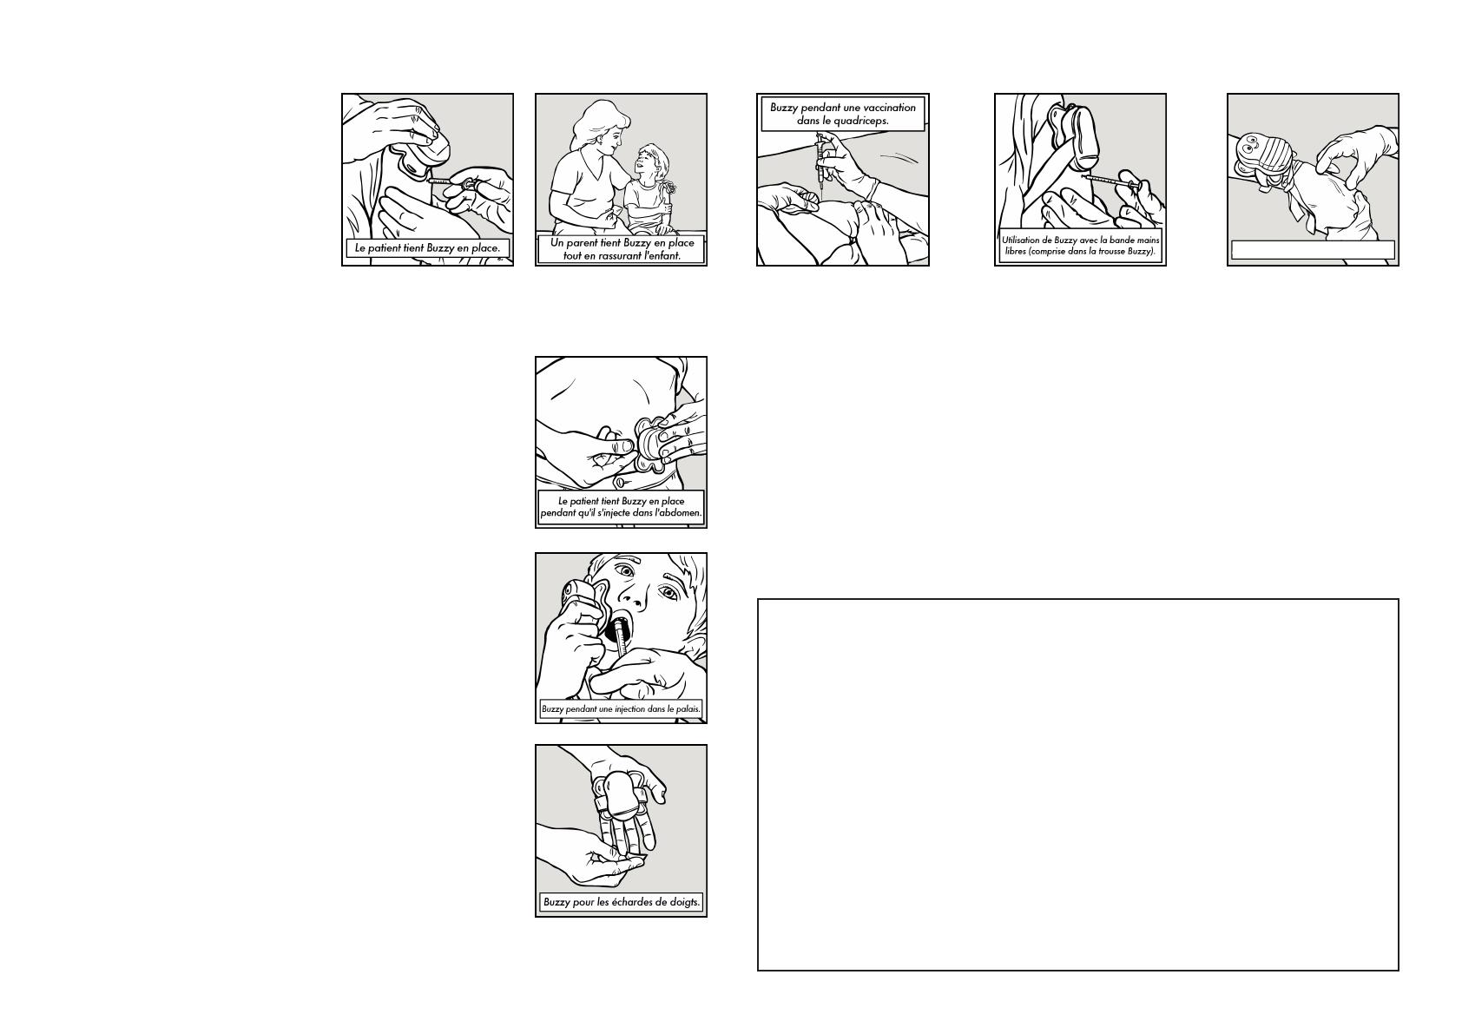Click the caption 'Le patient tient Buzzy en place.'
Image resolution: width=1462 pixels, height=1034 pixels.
click(427, 248)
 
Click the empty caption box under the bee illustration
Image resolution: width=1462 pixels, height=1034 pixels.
click(1313, 250)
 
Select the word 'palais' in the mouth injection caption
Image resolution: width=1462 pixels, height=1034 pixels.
click(688, 709)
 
